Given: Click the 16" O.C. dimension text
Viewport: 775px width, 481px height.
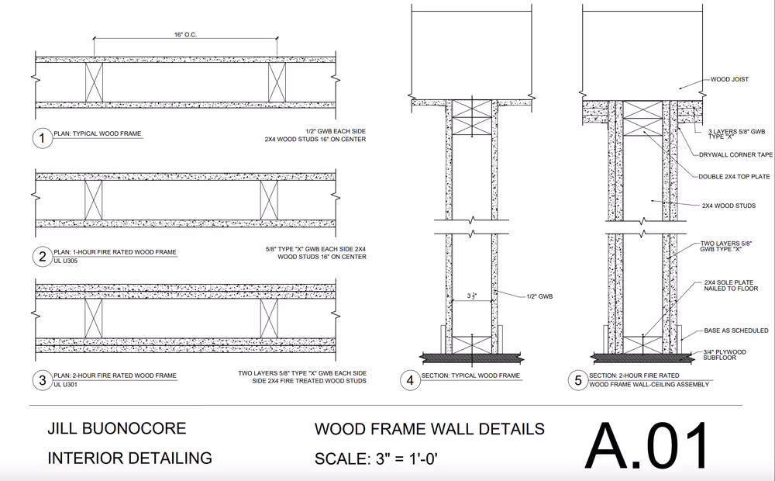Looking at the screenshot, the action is [x=185, y=35].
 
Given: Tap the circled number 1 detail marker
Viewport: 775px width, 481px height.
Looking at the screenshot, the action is [x=42, y=138].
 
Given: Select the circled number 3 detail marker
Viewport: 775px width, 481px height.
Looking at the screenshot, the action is [x=42, y=380].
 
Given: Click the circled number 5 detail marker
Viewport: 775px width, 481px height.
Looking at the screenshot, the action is [x=578, y=381].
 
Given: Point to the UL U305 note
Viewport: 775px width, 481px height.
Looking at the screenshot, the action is [x=66, y=261].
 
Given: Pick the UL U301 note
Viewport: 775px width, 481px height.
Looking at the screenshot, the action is [x=66, y=385].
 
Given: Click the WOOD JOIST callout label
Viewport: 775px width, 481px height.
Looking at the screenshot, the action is [x=729, y=79].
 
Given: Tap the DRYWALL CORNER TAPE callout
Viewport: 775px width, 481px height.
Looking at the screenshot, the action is [x=736, y=155].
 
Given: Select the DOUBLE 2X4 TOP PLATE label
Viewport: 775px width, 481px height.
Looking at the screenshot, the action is [x=734, y=177].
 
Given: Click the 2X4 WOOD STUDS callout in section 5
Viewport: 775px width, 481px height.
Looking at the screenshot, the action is [x=729, y=206].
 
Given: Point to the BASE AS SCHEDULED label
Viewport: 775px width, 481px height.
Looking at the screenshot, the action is [x=736, y=330].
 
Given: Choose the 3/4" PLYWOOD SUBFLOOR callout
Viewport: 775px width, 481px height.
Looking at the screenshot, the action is [x=725, y=355].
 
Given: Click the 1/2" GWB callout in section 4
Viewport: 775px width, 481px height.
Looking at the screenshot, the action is [x=539, y=296].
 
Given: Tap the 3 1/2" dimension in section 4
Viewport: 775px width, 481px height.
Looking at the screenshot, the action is [x=471, y=296].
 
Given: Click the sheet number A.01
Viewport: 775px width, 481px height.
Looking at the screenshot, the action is [x=647, y=445].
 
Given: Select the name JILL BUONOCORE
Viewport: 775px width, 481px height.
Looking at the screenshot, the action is [x=117, y=428].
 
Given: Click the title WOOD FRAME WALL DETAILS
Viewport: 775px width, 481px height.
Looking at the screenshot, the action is [x=429, y=429].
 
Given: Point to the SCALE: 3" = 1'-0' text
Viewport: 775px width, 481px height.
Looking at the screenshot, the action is [x=376, y=459].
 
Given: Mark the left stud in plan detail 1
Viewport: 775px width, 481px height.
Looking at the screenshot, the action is [x=94, y=82].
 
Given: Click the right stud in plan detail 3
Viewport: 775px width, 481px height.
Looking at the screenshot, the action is [x=269, y=319].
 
